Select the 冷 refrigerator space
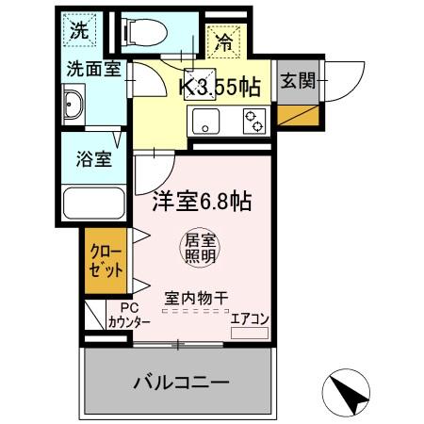coord(224,42)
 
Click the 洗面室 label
coord(91,69)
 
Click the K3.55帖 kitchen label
coord(220,87)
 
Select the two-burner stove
coord(253,120)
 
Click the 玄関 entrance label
coord(298,81)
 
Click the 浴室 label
coord(94,157)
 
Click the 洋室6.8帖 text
coord(201,201)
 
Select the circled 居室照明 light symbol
coord(199,248)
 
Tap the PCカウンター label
coord(129,316)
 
